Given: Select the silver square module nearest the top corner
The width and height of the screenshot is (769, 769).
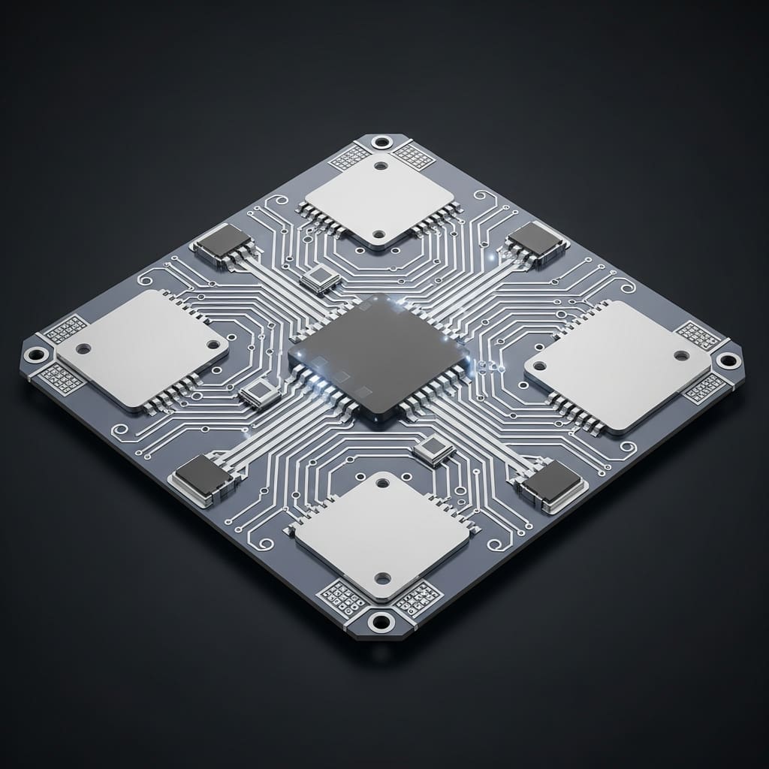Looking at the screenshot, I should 379,199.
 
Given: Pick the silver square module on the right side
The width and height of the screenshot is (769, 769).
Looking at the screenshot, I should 617,366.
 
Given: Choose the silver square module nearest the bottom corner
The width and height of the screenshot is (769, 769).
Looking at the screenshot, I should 383,535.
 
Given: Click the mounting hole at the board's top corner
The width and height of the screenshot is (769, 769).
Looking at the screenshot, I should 382,142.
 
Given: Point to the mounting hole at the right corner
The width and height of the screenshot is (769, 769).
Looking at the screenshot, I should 727,360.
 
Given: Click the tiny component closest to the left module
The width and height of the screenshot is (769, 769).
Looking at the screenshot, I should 260,393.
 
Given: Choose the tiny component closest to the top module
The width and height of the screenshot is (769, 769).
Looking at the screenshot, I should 320,280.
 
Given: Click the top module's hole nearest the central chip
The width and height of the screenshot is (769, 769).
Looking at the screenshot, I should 379,234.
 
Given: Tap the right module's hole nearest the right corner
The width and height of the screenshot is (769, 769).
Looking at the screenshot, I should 681,355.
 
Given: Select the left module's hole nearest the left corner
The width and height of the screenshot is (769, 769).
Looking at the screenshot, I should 83,348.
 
